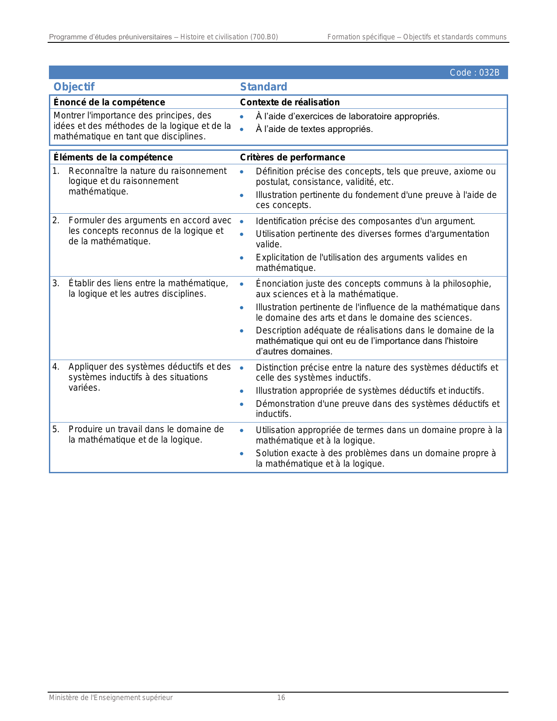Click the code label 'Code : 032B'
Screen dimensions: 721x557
coord(474,73)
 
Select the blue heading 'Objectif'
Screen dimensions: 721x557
coord(74,87)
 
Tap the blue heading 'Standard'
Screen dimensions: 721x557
coord(263,87)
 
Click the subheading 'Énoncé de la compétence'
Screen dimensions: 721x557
coord(109,102)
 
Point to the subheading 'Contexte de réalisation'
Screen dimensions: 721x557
coord(290,102)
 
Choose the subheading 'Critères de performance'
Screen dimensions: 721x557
coord(292,157)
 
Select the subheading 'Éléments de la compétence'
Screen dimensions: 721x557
coord(113,157)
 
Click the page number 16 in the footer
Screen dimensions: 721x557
coord(281,698)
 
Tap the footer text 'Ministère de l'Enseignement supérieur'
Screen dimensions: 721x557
coord(111,698)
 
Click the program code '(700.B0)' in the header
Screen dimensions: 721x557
coord(264,37)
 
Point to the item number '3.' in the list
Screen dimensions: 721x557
coord(55,284)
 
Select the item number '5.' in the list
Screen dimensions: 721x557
coord(55,430)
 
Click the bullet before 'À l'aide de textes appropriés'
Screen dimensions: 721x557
coord(242,129)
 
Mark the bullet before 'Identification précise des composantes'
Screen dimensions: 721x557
coord(242,222)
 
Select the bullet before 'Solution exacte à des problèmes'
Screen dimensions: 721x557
coord(242,454)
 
